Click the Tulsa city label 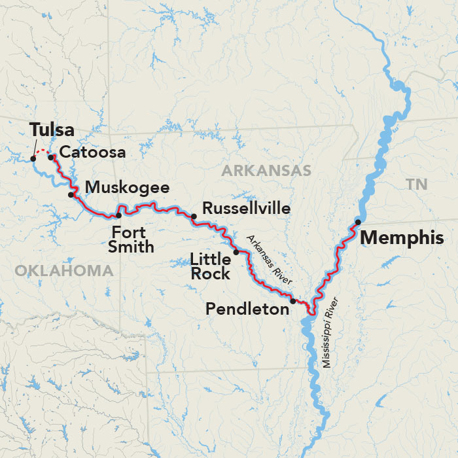tap(51, 130)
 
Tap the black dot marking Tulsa tap(33, 158)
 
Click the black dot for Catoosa tap(51, 157)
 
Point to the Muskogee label tap(127, 188)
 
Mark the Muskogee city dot tap(71, 194)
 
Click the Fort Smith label tap(133, 239)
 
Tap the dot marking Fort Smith tap(118, 215)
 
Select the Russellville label tap(246, 208)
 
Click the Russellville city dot tap(194, 216)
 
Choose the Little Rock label tap(210, 266)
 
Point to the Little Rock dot tap(236, 252)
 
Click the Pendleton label tap(247, 309)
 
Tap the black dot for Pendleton tap(293, 301)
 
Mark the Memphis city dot tap(358, 222)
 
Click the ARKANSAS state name tap(266, 171)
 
